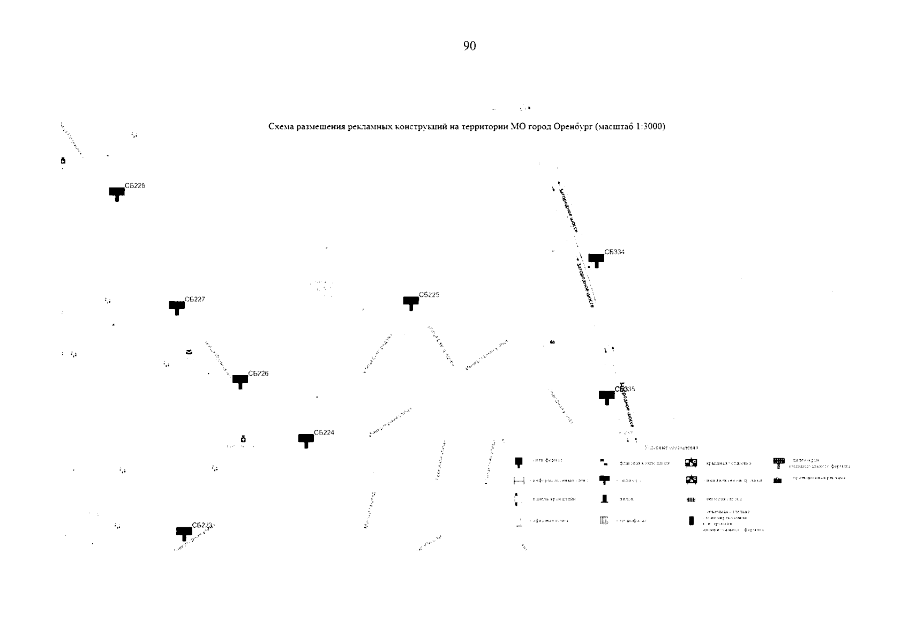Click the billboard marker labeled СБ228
point(117,193)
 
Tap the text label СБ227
point(194,300)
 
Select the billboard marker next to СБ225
point(411,302)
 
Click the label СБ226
point(258,373)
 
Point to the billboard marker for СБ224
point(306,440)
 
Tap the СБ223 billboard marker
point(184,533)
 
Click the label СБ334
point(614,252)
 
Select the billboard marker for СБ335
point(606,397)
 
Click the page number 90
point(469,46)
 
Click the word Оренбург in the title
point(572,127)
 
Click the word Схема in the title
point(280,127)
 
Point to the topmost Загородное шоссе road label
point(567,209)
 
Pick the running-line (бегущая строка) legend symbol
point(691,499)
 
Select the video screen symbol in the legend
point(778,462)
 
